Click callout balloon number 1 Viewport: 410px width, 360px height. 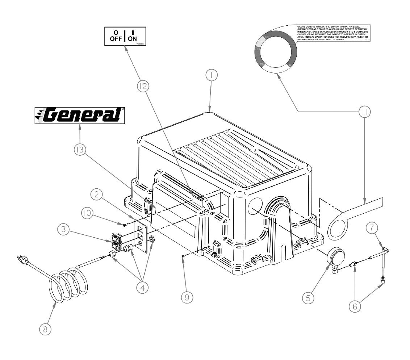(211, 75)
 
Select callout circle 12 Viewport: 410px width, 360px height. (143, 86)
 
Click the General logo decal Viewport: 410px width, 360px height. (79, 115)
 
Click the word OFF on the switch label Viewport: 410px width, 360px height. (116, 39)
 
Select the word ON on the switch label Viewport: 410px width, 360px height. (133, 39)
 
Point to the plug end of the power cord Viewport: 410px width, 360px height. (23, 260)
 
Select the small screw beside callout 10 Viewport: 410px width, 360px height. (125, 225)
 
